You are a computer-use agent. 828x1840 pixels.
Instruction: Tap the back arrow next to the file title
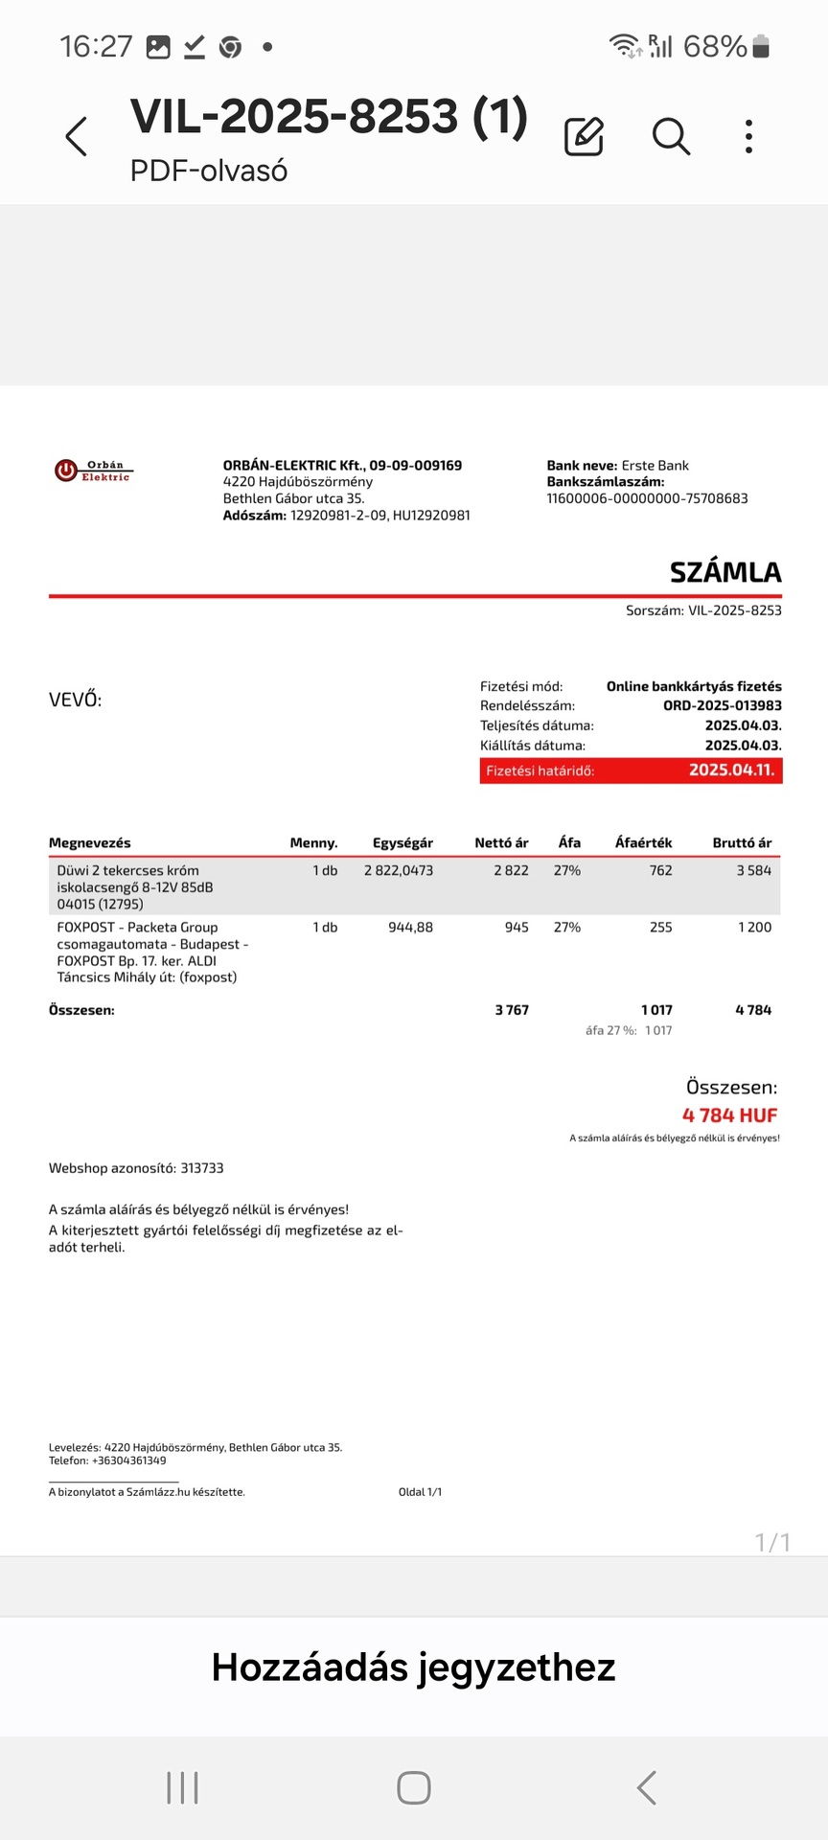click(77, 136)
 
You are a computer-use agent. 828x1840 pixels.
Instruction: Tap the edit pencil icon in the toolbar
click(584, 137)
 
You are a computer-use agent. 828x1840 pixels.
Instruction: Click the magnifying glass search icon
click(671, 137)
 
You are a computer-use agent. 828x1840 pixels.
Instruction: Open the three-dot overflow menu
click(748, 137)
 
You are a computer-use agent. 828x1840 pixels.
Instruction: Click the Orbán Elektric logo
click(93, 471)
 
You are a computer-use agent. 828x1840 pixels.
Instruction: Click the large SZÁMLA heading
click(725, 572)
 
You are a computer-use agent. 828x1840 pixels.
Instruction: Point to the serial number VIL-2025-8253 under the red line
click(734, 610)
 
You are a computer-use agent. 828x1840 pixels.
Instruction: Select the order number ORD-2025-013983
click(722, 705)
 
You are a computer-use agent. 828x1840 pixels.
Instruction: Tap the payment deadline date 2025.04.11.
click(731, 770)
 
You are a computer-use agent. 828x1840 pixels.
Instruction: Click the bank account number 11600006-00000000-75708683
click(647, 498)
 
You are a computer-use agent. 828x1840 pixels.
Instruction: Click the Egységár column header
click(402, 843)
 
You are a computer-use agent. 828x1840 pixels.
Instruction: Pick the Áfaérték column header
click(643, 843)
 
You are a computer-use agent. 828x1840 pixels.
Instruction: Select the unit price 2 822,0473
click(399, 870)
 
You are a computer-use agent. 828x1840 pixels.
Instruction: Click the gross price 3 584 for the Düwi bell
click(753, 870)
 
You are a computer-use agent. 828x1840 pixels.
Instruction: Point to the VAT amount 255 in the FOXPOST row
click(660, 928)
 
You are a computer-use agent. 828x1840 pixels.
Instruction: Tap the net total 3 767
click(512, 1010)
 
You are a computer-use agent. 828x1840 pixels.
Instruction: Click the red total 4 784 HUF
click(729, 1115)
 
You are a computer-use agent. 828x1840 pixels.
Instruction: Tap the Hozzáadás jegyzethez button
click(413, 1667)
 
